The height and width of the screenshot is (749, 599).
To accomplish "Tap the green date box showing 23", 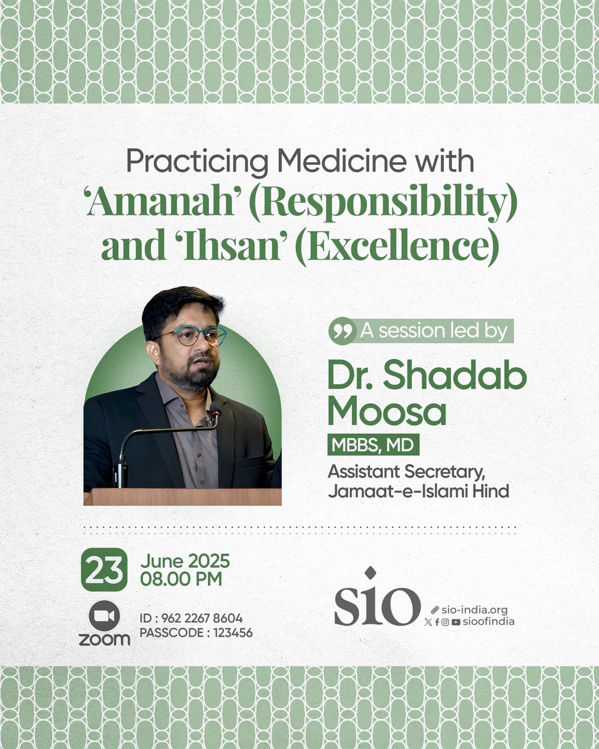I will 104,570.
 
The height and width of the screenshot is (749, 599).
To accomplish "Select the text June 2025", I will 185,561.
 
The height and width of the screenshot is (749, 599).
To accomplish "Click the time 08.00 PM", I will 181,579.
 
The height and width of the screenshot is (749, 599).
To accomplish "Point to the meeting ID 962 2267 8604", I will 202,619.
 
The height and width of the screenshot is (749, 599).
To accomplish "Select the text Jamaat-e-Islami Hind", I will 419,491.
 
